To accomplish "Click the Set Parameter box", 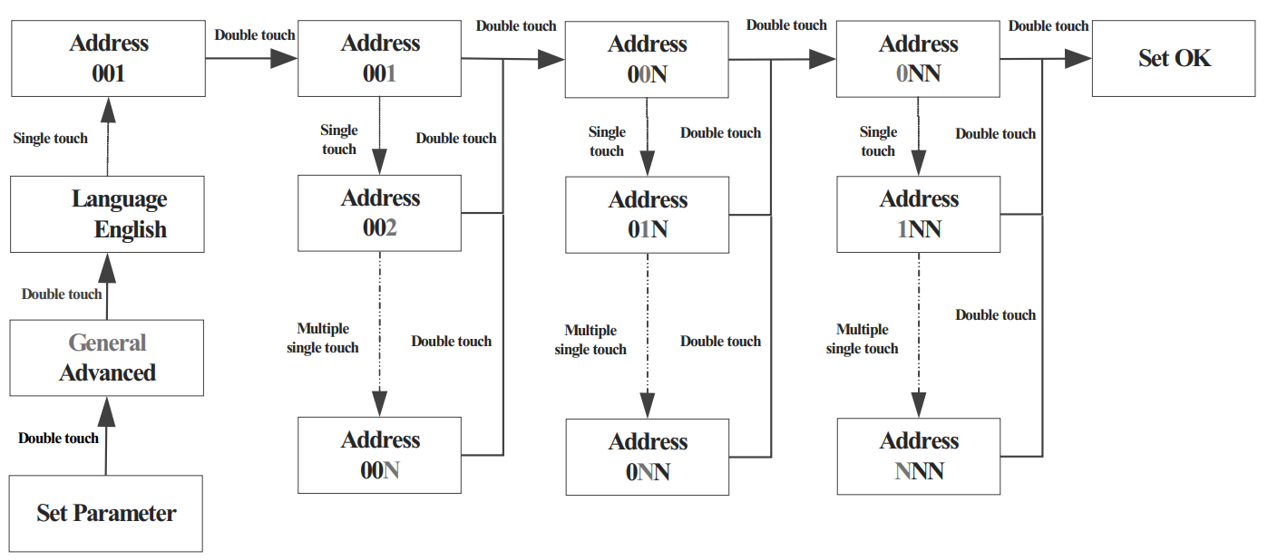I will [106, 513].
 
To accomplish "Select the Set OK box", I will [1175, 59].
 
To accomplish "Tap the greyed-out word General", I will [107, 343].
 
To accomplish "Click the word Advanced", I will [107, 372].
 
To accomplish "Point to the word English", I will [130, 230].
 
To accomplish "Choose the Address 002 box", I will [379, 213].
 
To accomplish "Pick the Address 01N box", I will [647, 215].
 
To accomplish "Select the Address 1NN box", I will [918, 214].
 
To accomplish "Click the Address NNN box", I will [918, 456].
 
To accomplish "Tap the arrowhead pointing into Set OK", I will [1078, 60].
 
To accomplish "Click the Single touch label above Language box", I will [51, 139].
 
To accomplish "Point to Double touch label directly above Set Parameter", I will [58, 439].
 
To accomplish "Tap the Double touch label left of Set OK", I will [1049, 26].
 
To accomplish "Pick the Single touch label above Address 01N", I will [607, 141].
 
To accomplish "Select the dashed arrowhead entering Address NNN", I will [918, 404].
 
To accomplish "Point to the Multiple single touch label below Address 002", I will [323, 338].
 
